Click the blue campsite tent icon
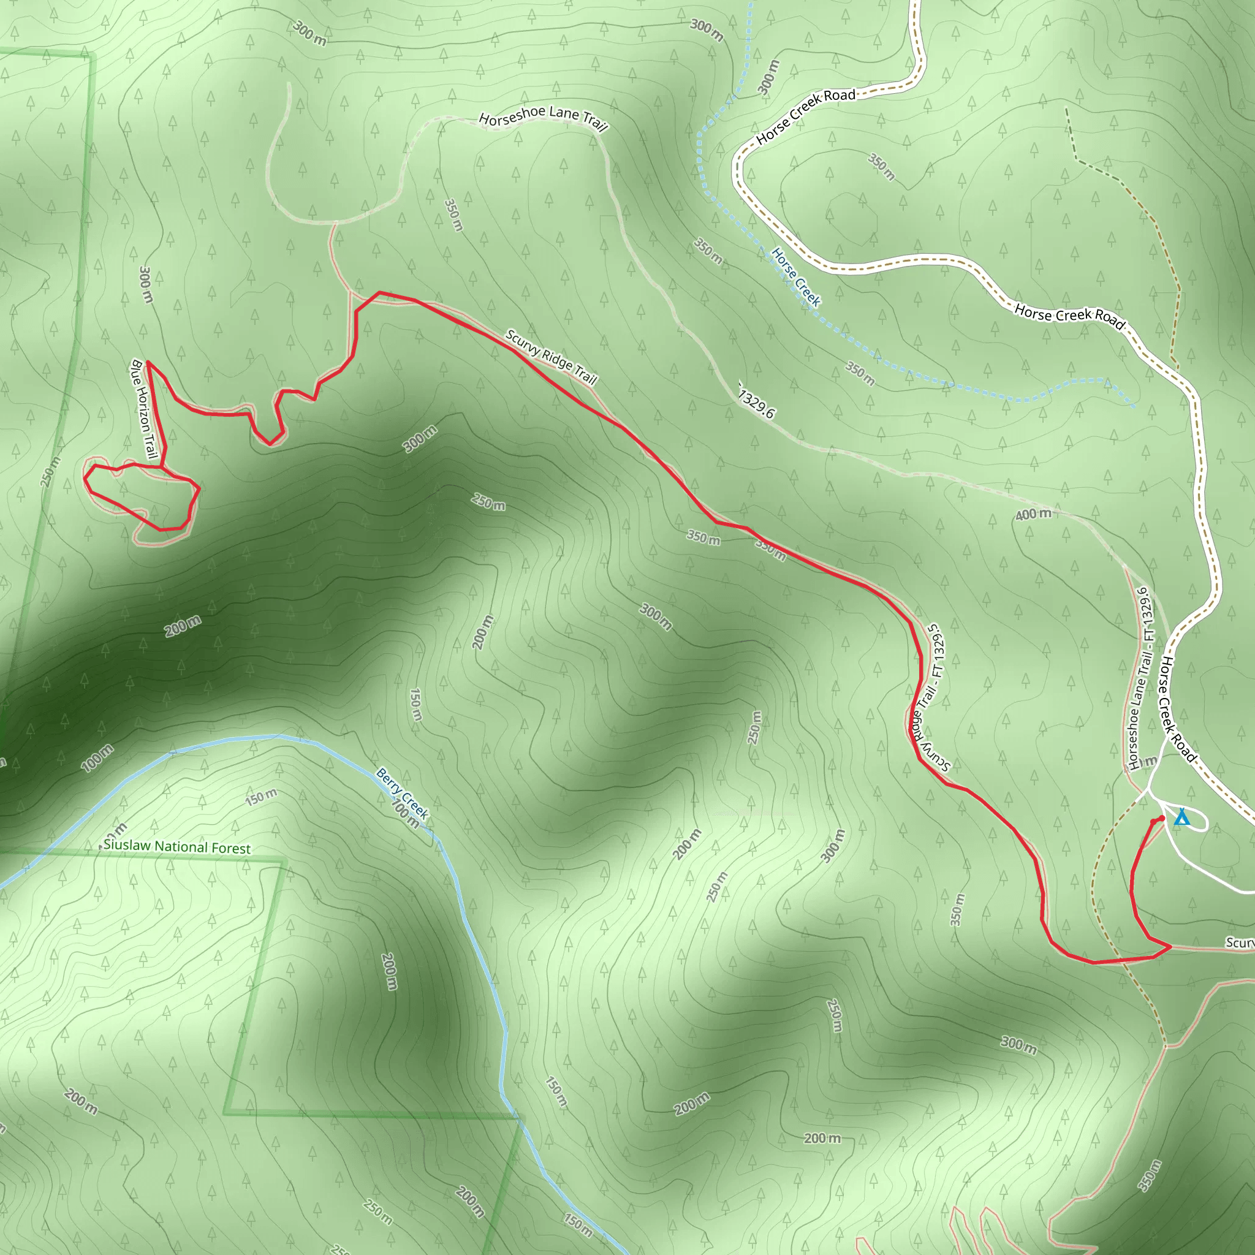[x=1181, y=817]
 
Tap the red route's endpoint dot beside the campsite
[x=1161, y=818]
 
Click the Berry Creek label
[x=402, y=793]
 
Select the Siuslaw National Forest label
[x=176, y=847]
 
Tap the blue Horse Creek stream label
[x=797, y=277]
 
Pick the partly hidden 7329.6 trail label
[x=757, y=401]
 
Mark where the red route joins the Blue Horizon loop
[x=161, y=466]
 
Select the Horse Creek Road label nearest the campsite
[x=1178, y=709]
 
